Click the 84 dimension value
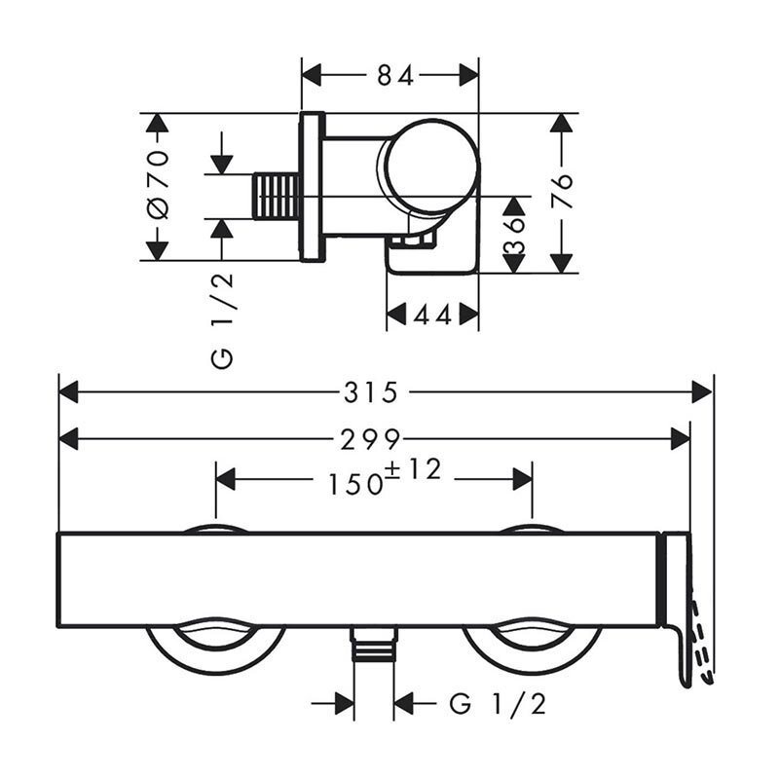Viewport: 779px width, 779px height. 395,76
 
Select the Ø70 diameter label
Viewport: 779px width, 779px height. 159,184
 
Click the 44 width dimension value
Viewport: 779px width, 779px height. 432,315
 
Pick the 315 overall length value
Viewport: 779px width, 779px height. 371,392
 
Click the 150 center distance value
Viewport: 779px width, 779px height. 355,484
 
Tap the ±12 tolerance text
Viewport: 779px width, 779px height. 413,469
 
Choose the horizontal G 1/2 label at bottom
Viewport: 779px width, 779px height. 498,704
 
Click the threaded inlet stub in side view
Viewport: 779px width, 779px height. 277,196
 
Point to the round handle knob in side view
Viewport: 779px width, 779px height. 430,166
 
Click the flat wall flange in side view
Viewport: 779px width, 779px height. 313,186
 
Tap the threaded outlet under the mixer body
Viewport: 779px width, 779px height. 374,644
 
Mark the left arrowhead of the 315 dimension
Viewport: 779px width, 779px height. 68,392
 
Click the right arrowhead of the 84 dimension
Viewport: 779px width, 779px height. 468,76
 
